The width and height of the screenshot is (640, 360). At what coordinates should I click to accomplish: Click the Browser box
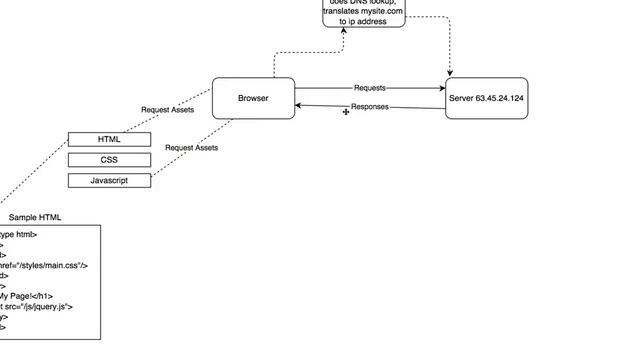253,98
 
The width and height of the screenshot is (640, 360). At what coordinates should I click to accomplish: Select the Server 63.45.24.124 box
486,98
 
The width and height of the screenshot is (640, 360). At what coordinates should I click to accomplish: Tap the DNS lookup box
364,13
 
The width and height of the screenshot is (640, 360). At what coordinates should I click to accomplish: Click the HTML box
109,140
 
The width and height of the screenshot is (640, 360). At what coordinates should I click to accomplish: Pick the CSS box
109,160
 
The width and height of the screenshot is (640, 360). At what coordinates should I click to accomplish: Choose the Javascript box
109,180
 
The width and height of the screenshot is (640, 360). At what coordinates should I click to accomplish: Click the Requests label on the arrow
369,88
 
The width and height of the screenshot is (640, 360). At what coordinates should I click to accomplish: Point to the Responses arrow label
369,107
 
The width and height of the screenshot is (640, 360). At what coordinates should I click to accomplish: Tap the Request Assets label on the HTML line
167,110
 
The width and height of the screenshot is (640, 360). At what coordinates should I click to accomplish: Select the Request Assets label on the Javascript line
191,148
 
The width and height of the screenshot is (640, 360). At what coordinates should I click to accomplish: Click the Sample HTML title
35,217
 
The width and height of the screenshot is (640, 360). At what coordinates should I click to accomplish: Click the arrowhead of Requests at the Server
442,88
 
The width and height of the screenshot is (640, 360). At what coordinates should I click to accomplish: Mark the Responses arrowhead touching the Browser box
300,105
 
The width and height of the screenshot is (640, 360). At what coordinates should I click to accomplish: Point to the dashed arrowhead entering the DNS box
343,30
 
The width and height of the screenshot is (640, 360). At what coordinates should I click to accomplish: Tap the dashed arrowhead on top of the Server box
451,73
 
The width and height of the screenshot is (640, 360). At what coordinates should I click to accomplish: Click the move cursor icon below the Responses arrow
346,113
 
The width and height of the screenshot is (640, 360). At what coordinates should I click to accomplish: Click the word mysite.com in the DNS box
379,11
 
